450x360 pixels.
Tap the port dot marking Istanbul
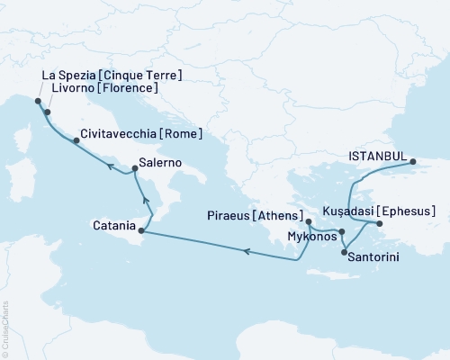coord(413,163)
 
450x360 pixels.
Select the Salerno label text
coord(162,164)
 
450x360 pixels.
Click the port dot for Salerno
coord(133,168)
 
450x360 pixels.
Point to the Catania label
coord(113,224)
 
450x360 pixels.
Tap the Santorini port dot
coord(344,253)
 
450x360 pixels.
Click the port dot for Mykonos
coord(342,232)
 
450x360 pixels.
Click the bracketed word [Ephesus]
coord(409,211)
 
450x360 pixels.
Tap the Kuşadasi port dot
coord(379,223)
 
